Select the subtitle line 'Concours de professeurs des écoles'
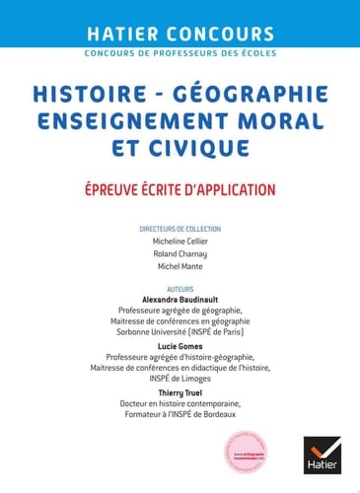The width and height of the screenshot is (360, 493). [x=180, y=52]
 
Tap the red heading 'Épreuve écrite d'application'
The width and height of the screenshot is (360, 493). [x=180, y=188]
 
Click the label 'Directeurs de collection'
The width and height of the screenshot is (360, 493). [x=180, y=229]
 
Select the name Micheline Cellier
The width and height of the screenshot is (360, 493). [x=180, y=241]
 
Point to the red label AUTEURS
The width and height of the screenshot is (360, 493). [x=180, y=290]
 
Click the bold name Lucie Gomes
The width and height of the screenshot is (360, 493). [x=180, y=346]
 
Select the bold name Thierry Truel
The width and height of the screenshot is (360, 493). [x=180, y=391]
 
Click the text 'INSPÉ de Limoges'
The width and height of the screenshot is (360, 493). [x=180, y=378]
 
